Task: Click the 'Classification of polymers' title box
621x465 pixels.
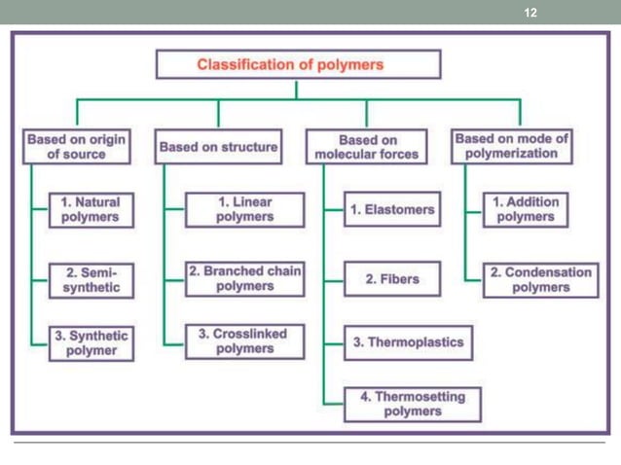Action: pos(298,65)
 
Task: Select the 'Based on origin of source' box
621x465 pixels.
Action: pos(77,147)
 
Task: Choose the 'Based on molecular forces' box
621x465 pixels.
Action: pos(367,147)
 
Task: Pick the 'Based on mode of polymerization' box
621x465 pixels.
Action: pos(511,146)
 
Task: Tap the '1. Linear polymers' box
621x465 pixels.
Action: pos(244,209)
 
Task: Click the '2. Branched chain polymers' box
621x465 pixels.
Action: pos(244,279)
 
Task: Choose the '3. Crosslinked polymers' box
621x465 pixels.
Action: pos(243,341)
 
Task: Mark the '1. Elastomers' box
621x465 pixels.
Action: pos(392,210)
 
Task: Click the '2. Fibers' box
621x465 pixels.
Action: pos(392,279)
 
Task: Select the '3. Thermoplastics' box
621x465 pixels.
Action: pos(408,342)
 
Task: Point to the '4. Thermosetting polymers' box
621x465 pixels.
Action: pos(412,404)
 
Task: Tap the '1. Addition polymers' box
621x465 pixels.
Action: pos(526,209)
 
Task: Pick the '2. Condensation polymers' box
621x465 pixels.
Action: pos(540,279)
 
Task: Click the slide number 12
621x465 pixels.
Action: pos(530,13)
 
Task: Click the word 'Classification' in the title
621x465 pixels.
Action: pos(247,65)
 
